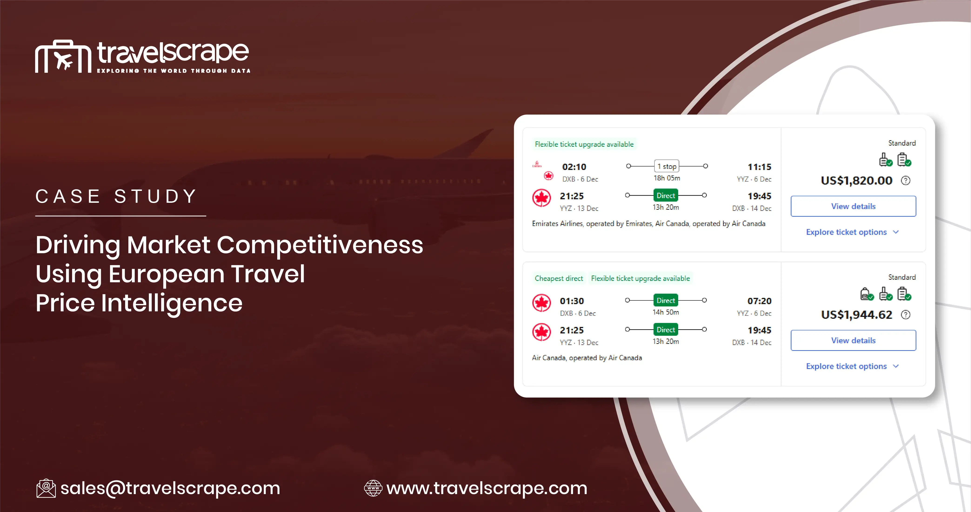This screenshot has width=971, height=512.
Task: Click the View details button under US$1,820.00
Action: click(853, 206)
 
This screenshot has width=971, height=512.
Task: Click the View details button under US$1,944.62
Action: click(853, 340)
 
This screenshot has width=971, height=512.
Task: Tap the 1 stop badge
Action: click(666, 166)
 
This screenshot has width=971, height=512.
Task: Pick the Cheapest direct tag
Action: click(559, 278)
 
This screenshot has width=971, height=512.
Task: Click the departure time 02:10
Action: click(574, 167)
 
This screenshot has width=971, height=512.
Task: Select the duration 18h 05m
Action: click(666, 178)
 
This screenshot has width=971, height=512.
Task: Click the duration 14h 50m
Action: click(666, 312)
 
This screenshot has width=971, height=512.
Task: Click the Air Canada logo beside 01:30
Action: click(541, 303)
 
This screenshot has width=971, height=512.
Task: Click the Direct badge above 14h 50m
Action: click(666, 300)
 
